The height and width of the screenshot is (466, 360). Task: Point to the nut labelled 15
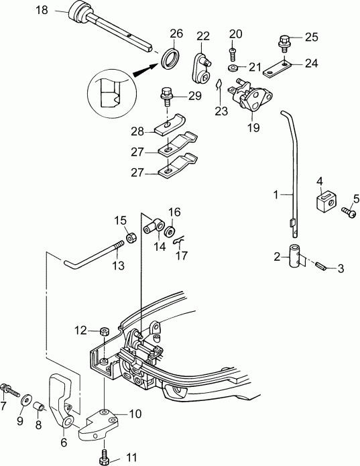130,239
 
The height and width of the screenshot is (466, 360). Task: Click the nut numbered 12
104,331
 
